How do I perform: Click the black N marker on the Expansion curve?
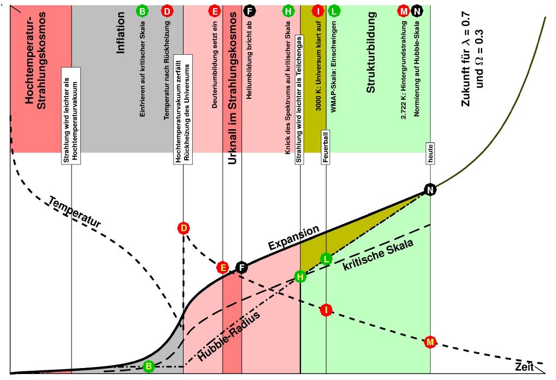[430, 190]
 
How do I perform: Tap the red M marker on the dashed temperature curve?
[430, 342]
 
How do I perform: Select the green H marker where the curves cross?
[300, 277]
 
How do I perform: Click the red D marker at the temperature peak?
[184, 228]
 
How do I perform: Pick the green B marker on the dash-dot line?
[149, 366]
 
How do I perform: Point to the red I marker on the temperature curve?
[326, 310]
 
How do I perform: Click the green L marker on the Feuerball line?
[326, 259]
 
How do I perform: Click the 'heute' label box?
[430, 154]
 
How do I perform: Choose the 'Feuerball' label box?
[326, 147]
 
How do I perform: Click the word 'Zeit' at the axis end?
[524, 366]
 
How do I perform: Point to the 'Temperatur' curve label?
[74, 212]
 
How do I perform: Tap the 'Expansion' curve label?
[294, 238]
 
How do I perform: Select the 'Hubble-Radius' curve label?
[229, 336]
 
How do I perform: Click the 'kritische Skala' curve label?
[378, 255]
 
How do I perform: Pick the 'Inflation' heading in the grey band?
[121, 33]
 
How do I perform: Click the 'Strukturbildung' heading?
[370, 53]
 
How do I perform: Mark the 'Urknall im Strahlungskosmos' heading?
[232, 88]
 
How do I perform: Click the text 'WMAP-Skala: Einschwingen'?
[333, 67]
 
